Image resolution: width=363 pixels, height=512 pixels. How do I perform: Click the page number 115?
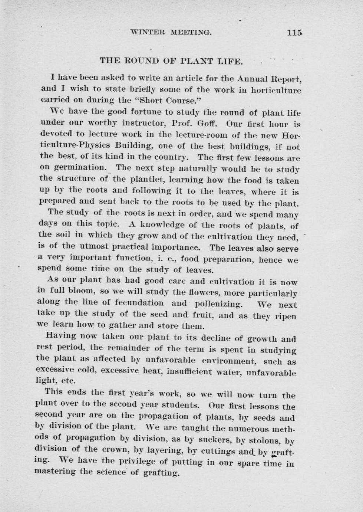click(294, 32)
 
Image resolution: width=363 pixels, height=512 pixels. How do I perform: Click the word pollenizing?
click(218, 304)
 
